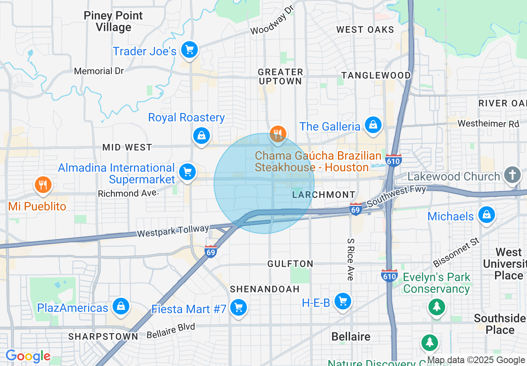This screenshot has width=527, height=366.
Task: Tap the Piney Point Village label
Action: tap(113, 22)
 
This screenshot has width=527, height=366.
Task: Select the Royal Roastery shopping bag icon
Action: tap(202, 135)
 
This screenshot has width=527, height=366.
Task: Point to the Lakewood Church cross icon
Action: tap(512, 175)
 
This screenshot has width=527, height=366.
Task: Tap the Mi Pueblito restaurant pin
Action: tap(42, 184)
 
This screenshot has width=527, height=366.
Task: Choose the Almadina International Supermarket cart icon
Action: tap(187, 171)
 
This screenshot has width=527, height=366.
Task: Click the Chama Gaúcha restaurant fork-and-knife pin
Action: tap(277, 134)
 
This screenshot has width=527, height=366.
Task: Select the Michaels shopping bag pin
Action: tap(485, 215)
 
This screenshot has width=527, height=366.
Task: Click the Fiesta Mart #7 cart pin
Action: tap(239, 308)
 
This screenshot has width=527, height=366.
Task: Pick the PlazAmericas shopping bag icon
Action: tap(121, 307)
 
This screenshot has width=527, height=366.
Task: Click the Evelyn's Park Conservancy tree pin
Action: tap(436, 307)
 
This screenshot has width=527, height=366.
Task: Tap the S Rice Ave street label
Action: tap(350, 259)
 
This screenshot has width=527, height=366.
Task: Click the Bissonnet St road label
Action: tap(456, 252)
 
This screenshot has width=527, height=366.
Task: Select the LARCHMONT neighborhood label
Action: tap(324, 195)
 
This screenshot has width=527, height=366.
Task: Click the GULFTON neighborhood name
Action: tap(290, 264)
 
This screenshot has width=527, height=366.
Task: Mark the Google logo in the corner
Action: tap(28, 356)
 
